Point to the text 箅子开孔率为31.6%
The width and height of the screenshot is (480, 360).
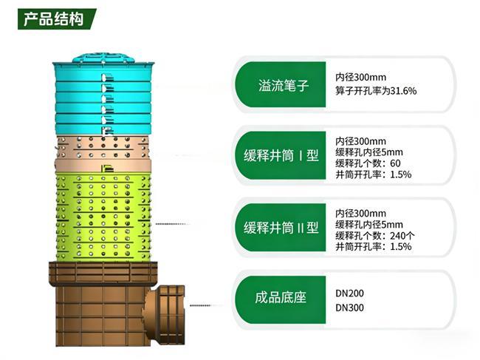point(376,91)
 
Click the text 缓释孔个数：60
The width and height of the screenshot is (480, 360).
point(368,163)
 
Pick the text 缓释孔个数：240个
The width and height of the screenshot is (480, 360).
point(375,235)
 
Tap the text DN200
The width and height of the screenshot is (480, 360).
point(349,293)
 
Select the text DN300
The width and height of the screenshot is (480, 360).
point(349,307)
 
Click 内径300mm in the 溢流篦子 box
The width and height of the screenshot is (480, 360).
point(361,77)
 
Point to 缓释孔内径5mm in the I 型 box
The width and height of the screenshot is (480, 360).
point(369,152)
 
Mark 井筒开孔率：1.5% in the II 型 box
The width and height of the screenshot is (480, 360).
point(373,246)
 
